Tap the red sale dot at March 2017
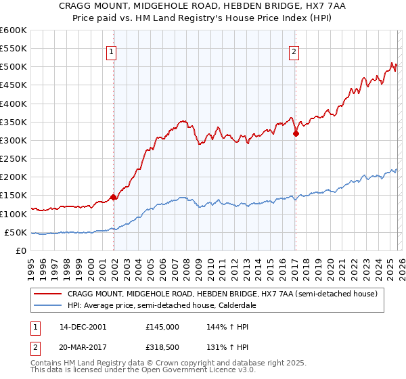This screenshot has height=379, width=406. (296, 134)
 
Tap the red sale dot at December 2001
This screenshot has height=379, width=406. (113, 198)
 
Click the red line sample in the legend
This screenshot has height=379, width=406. (49, 294)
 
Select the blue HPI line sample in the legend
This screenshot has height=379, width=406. (49, 305)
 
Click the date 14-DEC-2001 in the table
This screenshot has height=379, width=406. (83, 326)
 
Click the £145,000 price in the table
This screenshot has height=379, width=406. (162, 326)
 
